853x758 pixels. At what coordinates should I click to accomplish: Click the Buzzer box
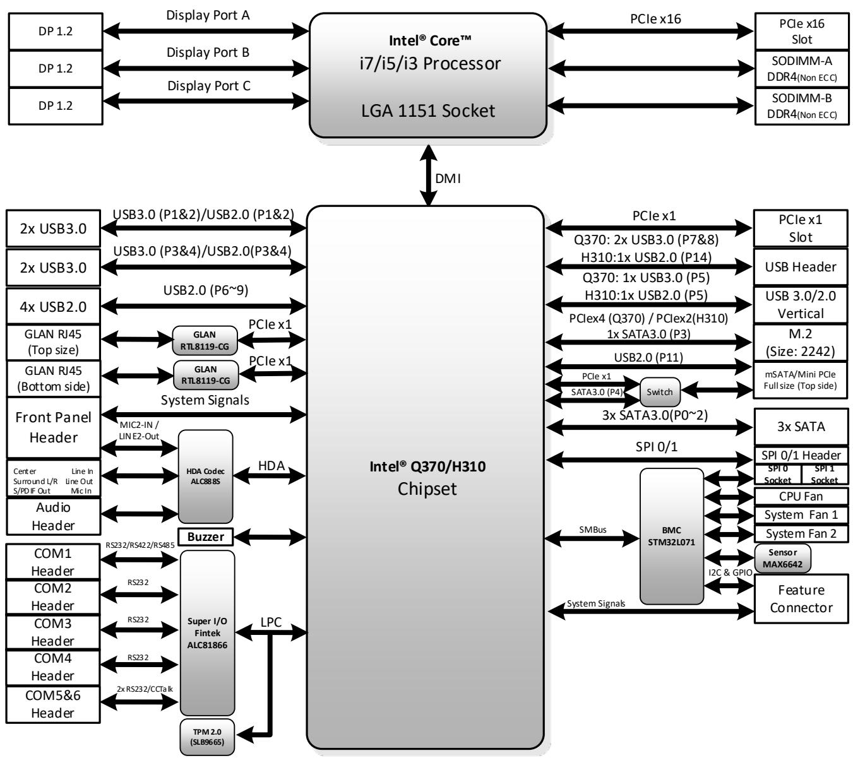pos(205,536)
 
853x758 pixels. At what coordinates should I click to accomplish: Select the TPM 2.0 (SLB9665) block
pos(206,737)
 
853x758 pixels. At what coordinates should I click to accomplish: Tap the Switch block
pos(659,392)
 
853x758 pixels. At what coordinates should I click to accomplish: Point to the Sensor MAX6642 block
pos(782,558)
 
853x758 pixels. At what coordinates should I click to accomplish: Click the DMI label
pos(448,179)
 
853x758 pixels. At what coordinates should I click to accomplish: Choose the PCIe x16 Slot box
pos(801,31)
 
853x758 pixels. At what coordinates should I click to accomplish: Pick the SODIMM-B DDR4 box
pos(802,106)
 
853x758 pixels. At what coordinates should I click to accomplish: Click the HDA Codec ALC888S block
pos(205,476)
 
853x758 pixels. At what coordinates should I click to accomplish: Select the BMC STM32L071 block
pos(671,536)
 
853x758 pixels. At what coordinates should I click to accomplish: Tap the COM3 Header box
pos(53,632)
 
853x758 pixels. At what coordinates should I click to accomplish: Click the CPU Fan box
pos(801,496)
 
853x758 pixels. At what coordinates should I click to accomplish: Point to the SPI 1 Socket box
pos(825,475)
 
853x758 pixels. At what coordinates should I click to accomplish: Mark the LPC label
pos(271,622)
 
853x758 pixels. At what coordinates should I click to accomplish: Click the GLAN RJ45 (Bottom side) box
pos(53,378)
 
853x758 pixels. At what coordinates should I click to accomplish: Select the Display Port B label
pos(208,52)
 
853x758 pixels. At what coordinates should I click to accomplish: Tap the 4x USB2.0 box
pos(53,306)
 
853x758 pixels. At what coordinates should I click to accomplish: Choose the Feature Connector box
pos(801,598)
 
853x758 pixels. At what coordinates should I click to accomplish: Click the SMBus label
pos(592,530)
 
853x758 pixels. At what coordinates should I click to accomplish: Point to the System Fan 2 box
pos(801,534)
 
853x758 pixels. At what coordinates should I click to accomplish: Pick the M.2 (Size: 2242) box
pos(800,343)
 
